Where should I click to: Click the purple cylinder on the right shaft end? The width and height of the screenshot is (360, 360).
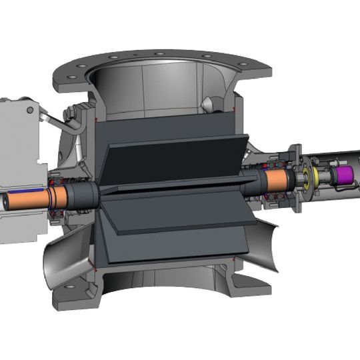[x=344, y=176]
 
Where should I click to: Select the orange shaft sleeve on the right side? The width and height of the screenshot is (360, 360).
[x=275, y=179]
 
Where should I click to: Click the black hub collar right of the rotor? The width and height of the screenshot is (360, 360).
[x=250, y=181]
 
